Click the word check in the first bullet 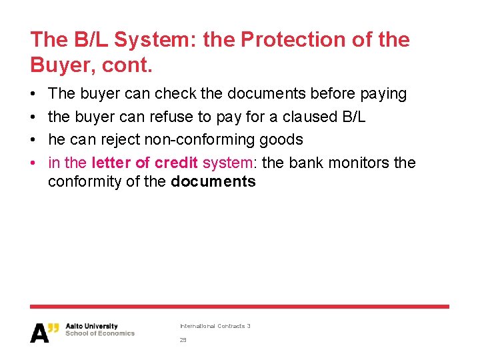[176, 94]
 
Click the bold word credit [176, 163]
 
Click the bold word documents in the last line [213, 182]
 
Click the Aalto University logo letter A [39, 333]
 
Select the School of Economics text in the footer [100, 333]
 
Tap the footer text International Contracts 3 [215, 326]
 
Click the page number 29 [183, 340]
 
